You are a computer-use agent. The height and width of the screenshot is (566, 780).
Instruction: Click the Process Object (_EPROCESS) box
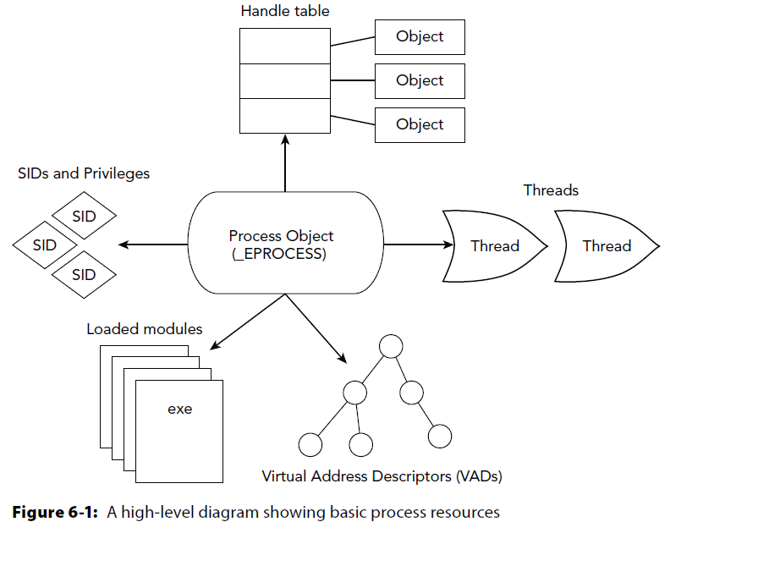click(x=284, y=245)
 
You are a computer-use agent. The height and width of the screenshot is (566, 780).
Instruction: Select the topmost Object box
click(x=420, y=37)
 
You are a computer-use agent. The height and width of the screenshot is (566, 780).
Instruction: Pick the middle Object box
click(x=420, y=81)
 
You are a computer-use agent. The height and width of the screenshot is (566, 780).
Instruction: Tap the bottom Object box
click(x=420, y=125)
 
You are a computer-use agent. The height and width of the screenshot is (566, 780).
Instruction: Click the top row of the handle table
click(x=284, y=46)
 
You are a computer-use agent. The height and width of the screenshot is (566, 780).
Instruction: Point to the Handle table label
click(x=285, y=12)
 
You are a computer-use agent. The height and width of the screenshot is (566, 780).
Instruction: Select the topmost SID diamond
click(x=84, y=217)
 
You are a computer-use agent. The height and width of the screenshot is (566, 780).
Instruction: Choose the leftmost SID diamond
click(x=45, y=245)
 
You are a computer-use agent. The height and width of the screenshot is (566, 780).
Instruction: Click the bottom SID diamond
click(x=84, y=275)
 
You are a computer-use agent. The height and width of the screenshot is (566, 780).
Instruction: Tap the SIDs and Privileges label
click(x=84, y=173)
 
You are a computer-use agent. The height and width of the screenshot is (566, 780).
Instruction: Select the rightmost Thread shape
click(x=607, y=246)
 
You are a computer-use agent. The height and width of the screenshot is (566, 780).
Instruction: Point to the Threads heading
click(x=552, y=190)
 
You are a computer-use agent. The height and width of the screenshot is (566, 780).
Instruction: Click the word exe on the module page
click(x=179, y=409)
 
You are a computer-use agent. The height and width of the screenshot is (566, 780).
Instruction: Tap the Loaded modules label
click(x=145, y=329)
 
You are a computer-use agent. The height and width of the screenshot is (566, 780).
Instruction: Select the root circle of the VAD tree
click(x=391, y=346)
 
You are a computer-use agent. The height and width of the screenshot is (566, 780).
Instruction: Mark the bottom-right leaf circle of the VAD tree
click(x=440, y=437)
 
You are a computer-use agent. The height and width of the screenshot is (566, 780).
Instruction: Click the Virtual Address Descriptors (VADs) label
click(x=382, y=476)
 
